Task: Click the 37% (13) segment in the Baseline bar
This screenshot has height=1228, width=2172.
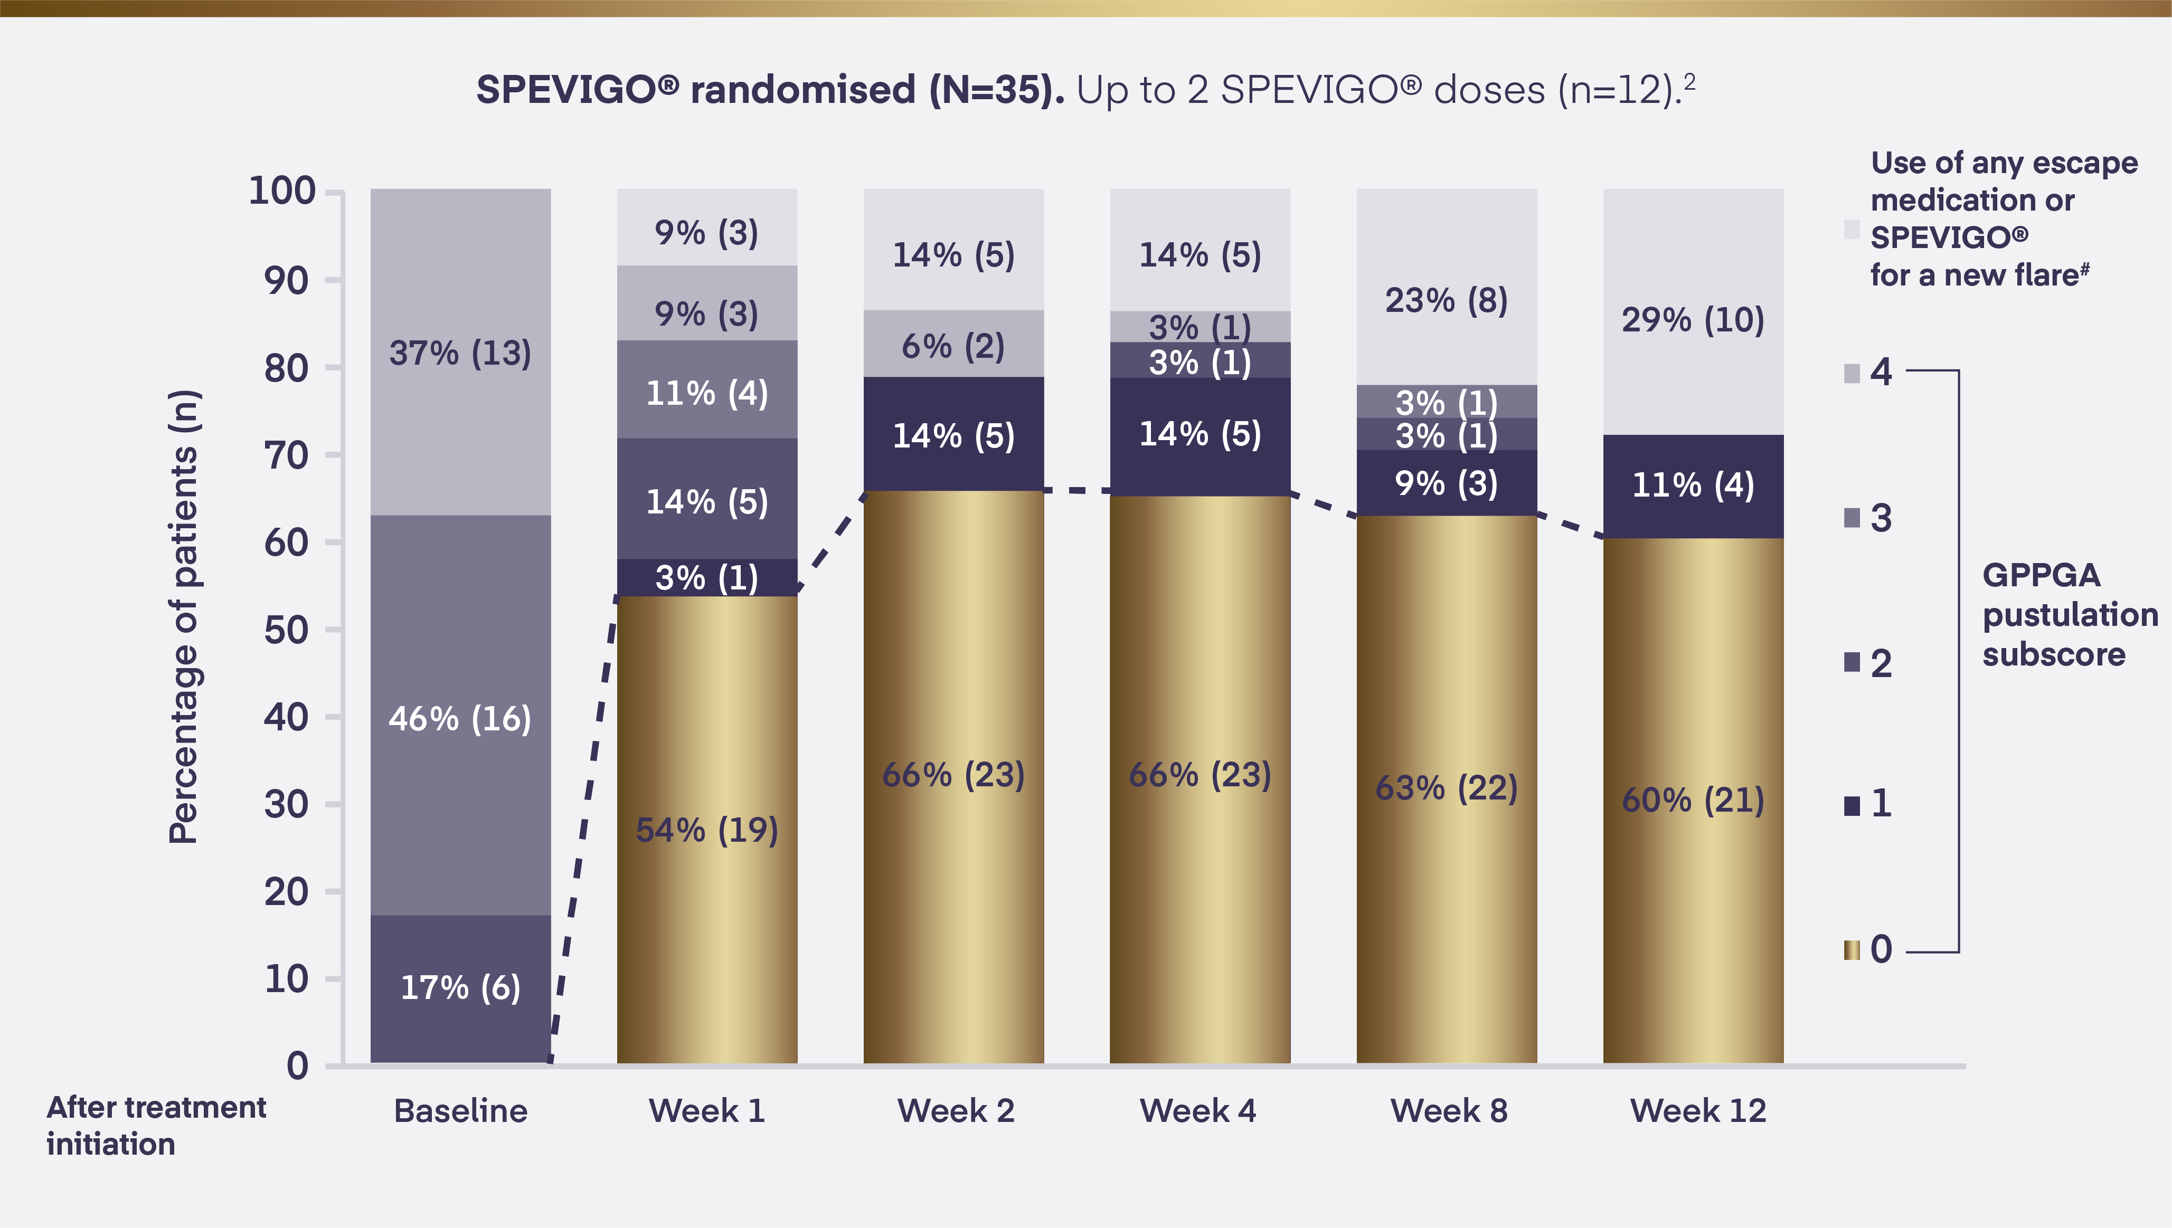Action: click(460, 353)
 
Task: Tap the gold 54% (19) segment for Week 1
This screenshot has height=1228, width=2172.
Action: click(707, 830)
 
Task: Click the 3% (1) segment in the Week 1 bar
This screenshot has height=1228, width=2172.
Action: click(707, 578)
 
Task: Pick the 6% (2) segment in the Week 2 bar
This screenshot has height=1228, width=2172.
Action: click(953, 345)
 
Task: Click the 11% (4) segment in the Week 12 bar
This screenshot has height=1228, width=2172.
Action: click(1693, 485)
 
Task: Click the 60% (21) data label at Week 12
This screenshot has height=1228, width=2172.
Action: click(1693, 799)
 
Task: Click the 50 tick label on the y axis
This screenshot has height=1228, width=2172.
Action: click(286, 630)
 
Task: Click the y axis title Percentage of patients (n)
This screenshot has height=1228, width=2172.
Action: click(184, 616)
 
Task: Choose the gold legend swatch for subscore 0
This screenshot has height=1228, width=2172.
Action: click(1852, 950)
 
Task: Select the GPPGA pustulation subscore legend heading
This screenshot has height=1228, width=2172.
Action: click(2069, 614)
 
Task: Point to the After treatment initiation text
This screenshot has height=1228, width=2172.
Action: click(156, 1125)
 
